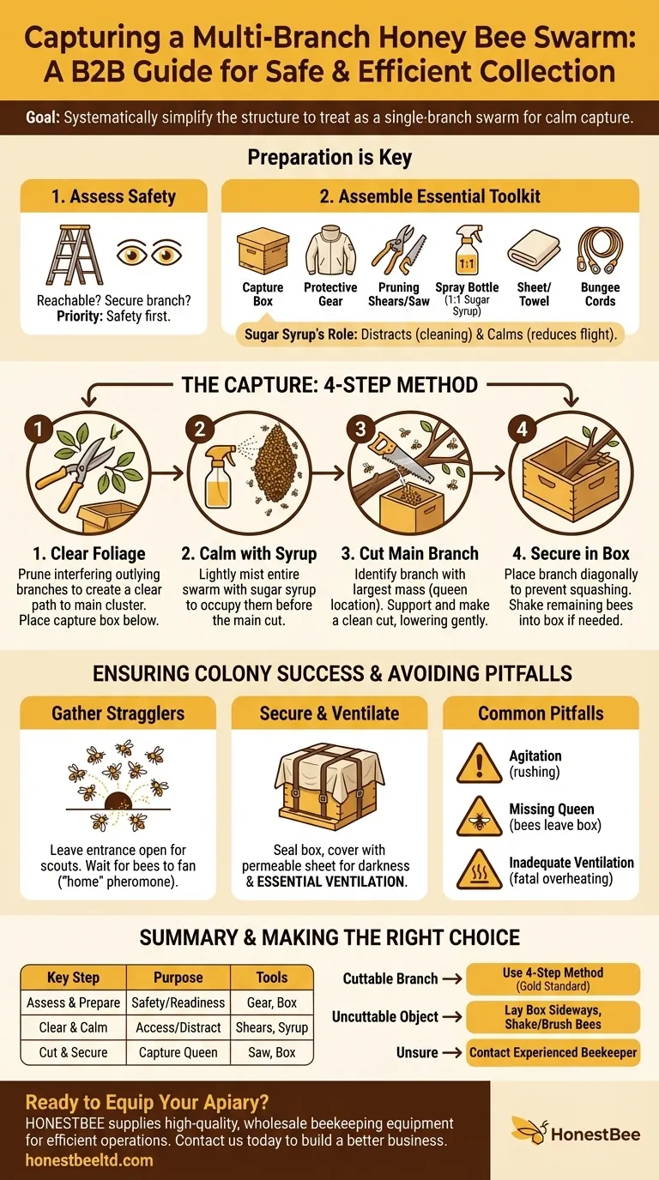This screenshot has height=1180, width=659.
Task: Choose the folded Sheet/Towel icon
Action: (x=534, y=250)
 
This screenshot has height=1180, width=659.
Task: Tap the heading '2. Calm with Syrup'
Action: (x=249, y=553)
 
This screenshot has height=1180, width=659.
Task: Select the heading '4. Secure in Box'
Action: (x=571, y=553)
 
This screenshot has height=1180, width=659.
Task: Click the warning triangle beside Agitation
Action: (x=479, y=762)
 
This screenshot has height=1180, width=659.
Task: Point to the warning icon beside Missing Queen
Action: (x=479, y=816)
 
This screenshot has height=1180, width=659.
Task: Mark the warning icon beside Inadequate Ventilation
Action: (x=479, y=869)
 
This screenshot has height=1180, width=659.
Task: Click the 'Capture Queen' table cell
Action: (x=178, y=1052)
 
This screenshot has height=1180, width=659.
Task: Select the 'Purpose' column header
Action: (x=178, y=978)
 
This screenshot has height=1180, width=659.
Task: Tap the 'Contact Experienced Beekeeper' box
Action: (x=553, y=1052)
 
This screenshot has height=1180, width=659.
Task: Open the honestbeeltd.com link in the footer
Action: (x=90, y=1160)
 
